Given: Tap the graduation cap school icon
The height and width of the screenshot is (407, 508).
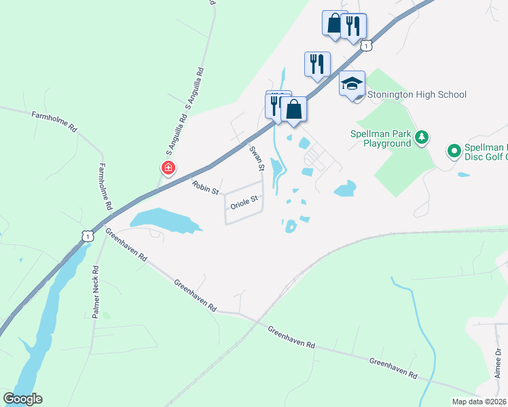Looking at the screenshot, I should [x=352, y=83].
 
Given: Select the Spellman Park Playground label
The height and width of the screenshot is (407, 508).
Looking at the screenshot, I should [x=381, y=138].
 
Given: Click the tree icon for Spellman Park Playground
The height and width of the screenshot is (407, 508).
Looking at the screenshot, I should [x=422, y=138].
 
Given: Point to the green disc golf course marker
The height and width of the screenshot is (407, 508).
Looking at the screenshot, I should [x=453, y=149].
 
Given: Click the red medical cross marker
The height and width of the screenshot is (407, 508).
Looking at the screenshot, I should [x=168, y=168].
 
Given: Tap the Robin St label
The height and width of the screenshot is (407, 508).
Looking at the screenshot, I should [x=204, y=187].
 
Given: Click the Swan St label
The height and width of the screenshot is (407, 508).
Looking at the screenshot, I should [x=256, y=157].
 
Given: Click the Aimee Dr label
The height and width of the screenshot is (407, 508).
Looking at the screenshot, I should [x=498, y=364].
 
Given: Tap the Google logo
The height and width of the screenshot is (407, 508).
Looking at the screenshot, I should [x=22, y=399].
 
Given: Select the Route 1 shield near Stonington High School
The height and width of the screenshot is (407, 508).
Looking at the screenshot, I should [x=367, y=45].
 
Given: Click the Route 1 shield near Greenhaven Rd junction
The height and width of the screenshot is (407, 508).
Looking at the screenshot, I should [x=86, y=235].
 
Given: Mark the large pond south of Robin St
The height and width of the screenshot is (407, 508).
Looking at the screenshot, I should [x=163, y=220].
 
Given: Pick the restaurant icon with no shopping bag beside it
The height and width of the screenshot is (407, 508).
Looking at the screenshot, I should [x=317, y=64].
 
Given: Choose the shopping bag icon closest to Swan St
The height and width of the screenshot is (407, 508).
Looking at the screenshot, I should [x=293, y=109].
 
